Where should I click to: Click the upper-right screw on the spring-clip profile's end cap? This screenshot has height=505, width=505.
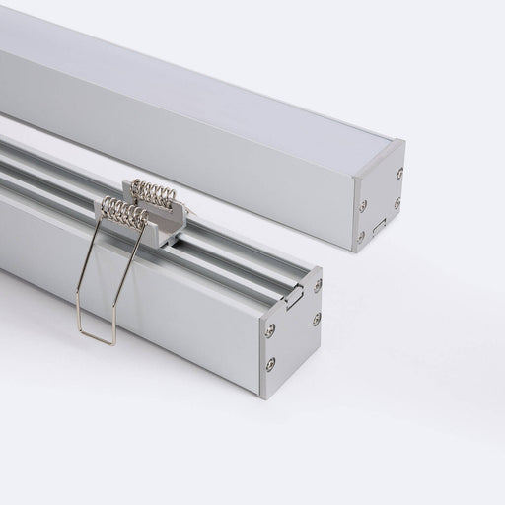click(317, 284)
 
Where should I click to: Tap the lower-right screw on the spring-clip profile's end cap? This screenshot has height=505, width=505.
click(317, 318)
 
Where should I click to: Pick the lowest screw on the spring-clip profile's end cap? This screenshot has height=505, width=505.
click(270, 364)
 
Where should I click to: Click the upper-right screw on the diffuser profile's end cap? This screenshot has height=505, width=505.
click(399, 174)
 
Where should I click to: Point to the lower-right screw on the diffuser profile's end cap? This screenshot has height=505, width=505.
click(398, 203)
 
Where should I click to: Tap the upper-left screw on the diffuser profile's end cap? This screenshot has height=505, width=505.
click(362, 205)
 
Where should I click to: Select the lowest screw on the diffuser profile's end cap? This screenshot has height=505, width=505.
click(361, 236)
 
